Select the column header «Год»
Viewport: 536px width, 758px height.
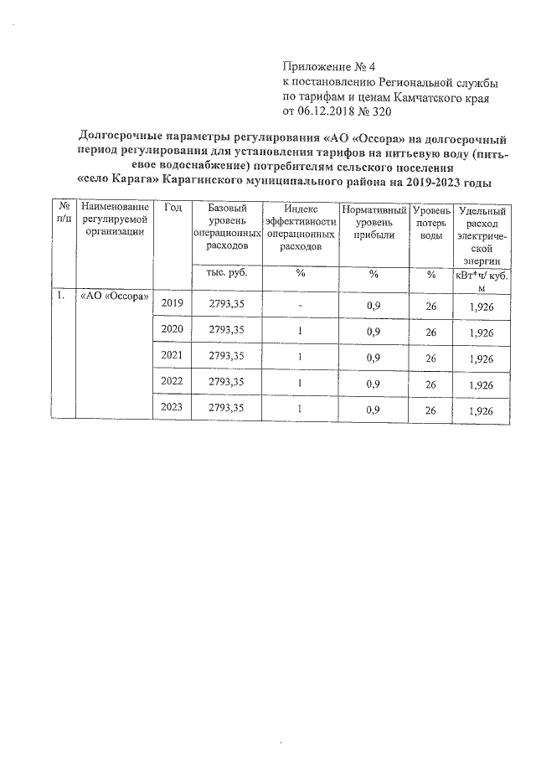click(173, 208)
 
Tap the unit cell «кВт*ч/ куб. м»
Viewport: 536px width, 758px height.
click(482, 281)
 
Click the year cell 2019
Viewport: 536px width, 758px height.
click(173, 303)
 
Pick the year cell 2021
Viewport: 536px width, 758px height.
click(173, 357)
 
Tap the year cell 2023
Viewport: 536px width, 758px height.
click(173, 408)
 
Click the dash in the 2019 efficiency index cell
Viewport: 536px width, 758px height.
click(300, 305)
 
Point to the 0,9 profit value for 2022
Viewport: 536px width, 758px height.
click(374, 384)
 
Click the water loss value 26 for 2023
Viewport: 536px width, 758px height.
click(431, 410)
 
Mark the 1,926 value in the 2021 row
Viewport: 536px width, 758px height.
click(482, 358)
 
